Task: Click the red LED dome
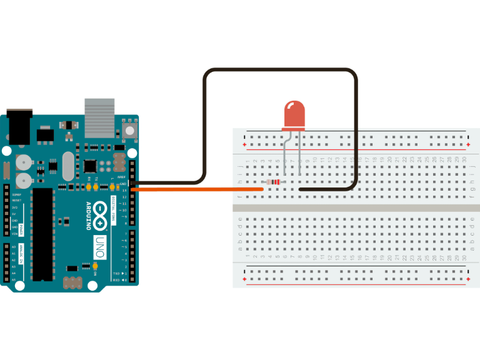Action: point(293,115)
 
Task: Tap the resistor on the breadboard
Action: point(273,182)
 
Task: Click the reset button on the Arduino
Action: point(130,130)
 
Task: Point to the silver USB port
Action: point(100,117)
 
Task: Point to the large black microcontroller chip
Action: point(42,231)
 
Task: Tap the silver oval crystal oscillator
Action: point(67,167)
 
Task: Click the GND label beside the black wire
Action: point(124,184)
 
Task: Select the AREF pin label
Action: point(123,177)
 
